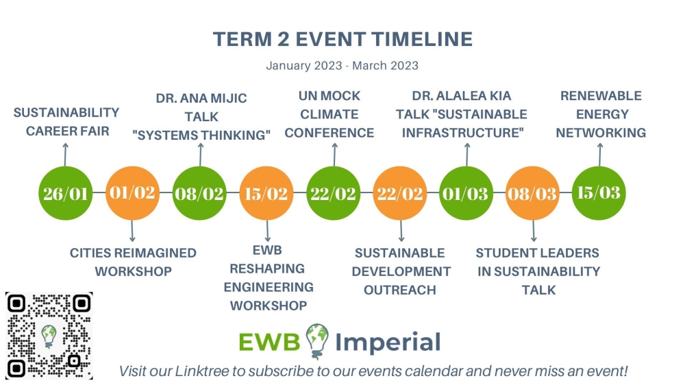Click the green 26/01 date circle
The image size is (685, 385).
[x=66, y=193]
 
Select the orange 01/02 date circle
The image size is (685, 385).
[x=132, y=193]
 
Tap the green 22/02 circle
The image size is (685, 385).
[x=334, y=193]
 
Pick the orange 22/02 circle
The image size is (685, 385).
[x=400, y=193]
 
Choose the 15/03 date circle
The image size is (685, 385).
[x=599, y=193]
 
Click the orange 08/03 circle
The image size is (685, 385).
[x=532, y=193]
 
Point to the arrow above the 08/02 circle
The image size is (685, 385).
[x=201, y=155]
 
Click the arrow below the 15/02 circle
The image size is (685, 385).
[x=267, y=231]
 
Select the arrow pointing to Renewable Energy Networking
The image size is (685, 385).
[x=600, y=155]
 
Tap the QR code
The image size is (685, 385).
[x=49, y=336]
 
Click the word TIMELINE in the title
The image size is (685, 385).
[x=423, y=39]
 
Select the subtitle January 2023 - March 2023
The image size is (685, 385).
[x=342, y=66]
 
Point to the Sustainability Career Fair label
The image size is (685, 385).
[x=66, y=122]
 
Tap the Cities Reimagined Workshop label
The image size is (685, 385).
[x=134, y=262]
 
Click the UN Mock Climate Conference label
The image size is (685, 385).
[x=329, y=114]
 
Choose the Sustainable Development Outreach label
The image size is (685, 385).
[x=401, y=271]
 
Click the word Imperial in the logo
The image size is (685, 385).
[x=388, y=342]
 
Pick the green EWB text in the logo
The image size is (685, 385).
[x=269, y=342]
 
